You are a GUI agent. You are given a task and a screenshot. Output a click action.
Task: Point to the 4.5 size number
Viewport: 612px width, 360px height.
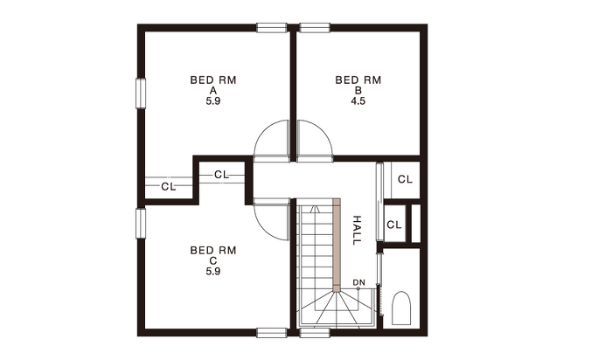(x=358, y=101)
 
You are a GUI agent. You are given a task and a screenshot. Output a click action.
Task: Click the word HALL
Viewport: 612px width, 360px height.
(x=357, y=230)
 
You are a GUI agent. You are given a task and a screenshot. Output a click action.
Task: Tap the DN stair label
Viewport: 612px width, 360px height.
(x=358, y=282)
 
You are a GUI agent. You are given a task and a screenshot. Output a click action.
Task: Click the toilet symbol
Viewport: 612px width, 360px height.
(x=400, y=308)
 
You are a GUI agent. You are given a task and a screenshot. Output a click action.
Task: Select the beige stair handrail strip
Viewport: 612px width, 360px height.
(x=337, y=245)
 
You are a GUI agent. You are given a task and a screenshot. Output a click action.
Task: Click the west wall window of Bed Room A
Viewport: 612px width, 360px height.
(x=141, y=93)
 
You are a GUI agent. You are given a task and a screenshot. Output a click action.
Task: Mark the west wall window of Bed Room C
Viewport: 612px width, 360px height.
(x=141, y=223)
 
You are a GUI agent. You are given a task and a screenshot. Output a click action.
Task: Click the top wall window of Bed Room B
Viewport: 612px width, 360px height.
(x=315, y=28)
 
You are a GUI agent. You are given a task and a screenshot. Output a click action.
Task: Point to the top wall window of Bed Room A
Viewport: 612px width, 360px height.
(x=272, y=28)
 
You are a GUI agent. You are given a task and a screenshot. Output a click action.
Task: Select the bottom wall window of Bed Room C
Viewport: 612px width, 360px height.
(x=272, y=332)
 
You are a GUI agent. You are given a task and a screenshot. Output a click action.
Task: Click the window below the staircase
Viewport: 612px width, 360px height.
(x=315, y=332)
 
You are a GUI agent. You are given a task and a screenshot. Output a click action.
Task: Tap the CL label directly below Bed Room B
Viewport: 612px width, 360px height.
(x=405, y=179)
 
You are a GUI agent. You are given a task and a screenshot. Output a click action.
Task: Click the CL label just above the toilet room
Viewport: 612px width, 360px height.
(x=393, y=225)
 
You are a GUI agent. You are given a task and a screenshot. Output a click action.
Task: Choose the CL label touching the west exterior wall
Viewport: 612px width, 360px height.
(x=169, y=187)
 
